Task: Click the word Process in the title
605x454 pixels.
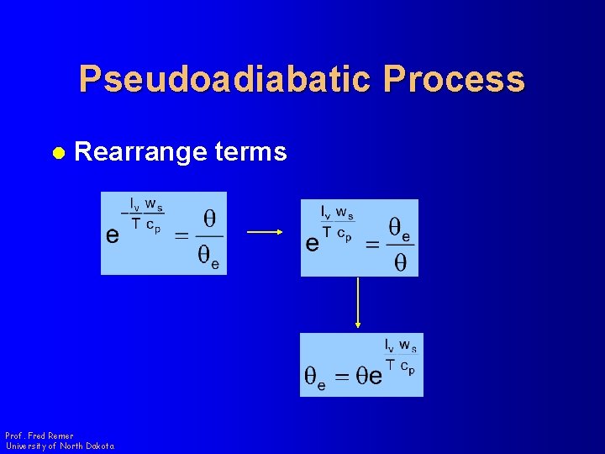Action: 454,80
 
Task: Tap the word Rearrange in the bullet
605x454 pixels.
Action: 139,152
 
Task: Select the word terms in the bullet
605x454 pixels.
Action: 251,152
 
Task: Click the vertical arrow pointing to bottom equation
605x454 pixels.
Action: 359,303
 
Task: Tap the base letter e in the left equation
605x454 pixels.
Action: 112,236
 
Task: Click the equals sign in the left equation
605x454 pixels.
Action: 181,236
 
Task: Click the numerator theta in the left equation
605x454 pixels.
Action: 210,219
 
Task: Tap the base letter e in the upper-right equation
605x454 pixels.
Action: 312,244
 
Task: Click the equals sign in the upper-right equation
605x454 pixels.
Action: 372,244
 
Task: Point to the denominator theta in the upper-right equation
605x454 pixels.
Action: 400,263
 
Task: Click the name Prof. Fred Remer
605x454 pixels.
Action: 39,436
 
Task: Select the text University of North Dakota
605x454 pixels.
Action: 60,446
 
